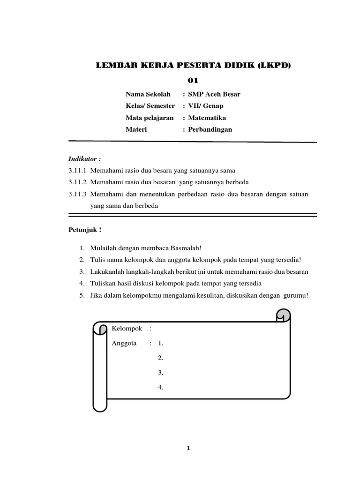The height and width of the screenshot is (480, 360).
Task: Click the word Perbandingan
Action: tap(210, 129)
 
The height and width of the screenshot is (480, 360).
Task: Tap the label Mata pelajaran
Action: tap(150, 118)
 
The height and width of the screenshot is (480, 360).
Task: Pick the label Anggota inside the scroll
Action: tap(124, 343)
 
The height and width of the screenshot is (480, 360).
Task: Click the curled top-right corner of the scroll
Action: tap(283, 315)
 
